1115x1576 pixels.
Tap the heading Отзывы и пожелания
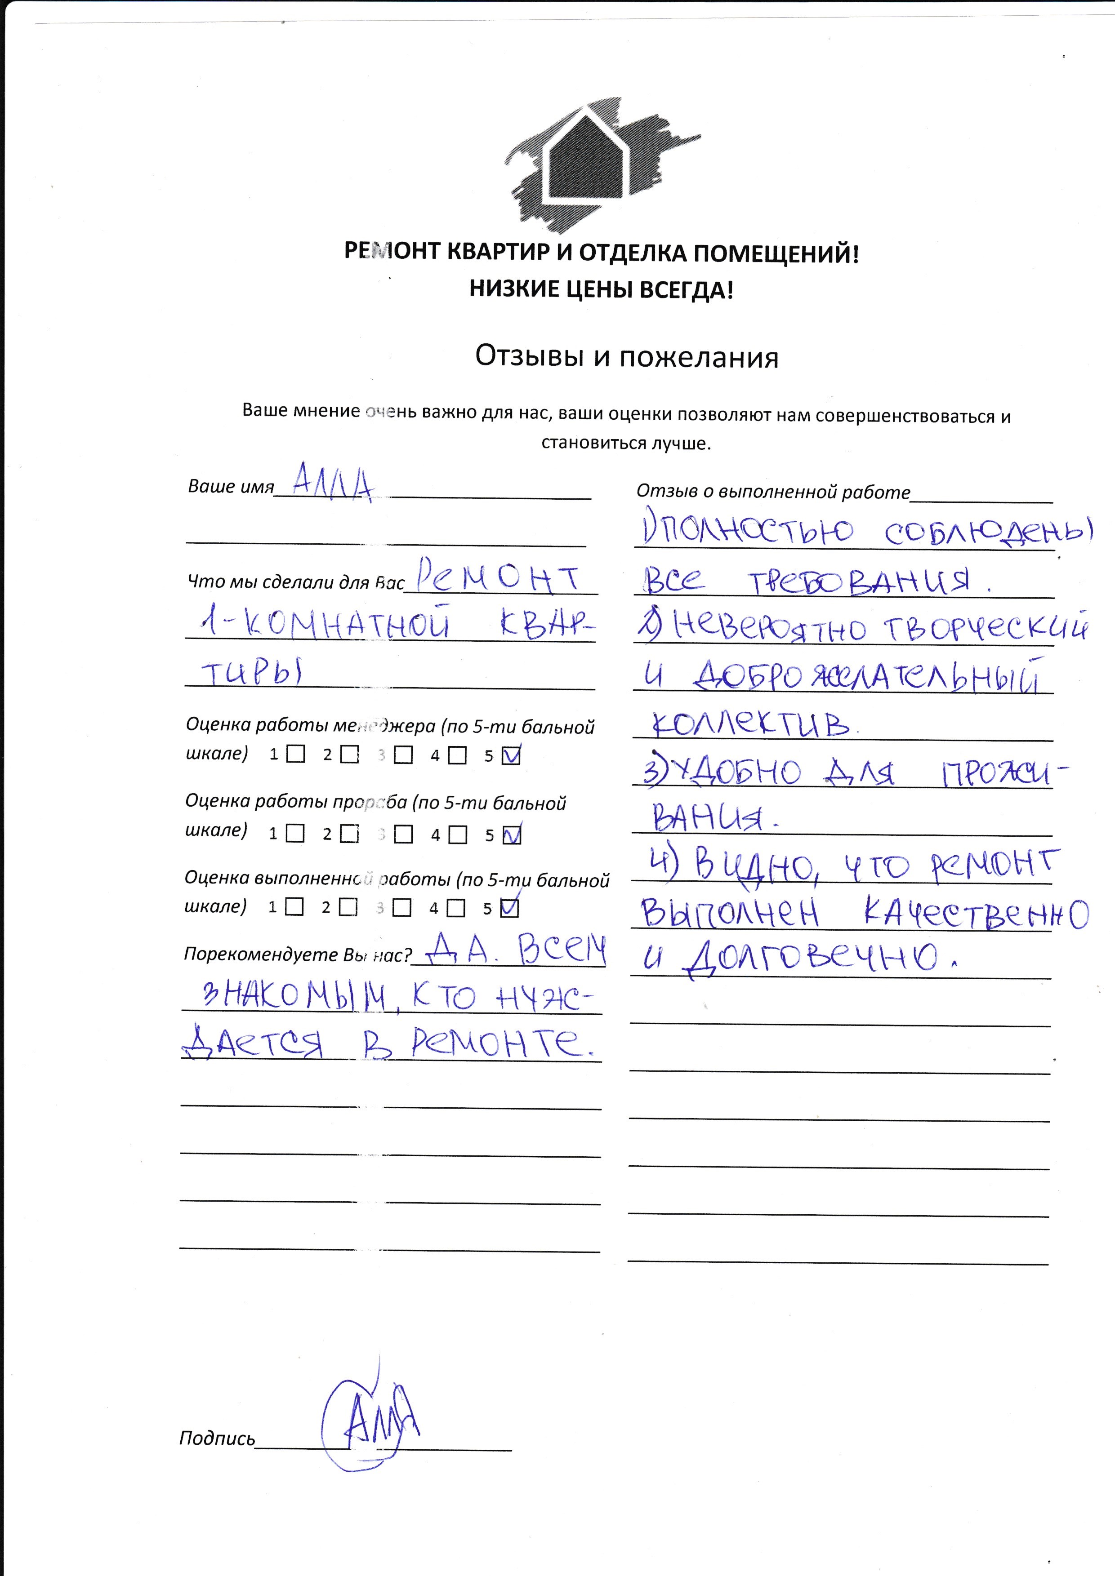click(626, 357)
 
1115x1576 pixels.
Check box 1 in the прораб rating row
click(295, 834)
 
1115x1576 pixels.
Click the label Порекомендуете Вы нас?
click(298, 955)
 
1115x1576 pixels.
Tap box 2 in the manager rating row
click(349, 755)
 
